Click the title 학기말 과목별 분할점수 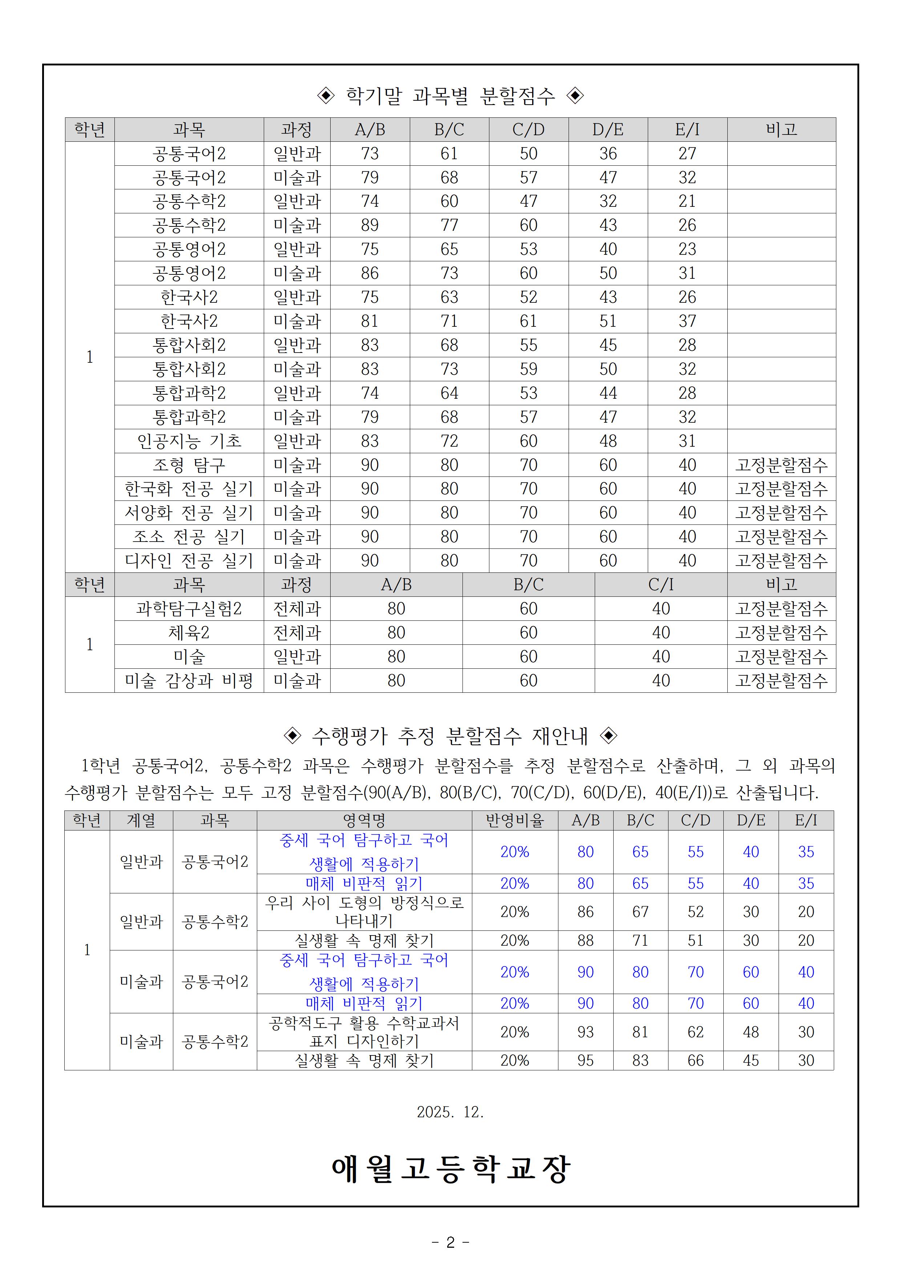(x=450, y=96)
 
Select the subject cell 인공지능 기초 (x=189, y=441)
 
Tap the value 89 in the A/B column (x=370, y=225)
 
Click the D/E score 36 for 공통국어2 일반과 (x=608, y=153)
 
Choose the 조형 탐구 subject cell (x=189, y=465)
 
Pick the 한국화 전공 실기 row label (x=189, y=489)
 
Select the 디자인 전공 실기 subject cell (x=189, y=560)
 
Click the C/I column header (x=660, y=584)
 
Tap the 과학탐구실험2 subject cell (x=189, y=609)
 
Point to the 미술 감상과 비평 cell (x=189, y=680)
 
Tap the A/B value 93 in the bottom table (x=585, y=1032)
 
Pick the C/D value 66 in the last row (x=696, y=1060)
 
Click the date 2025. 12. (x=450, y=1112)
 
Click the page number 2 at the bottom (x=450, y=1242)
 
